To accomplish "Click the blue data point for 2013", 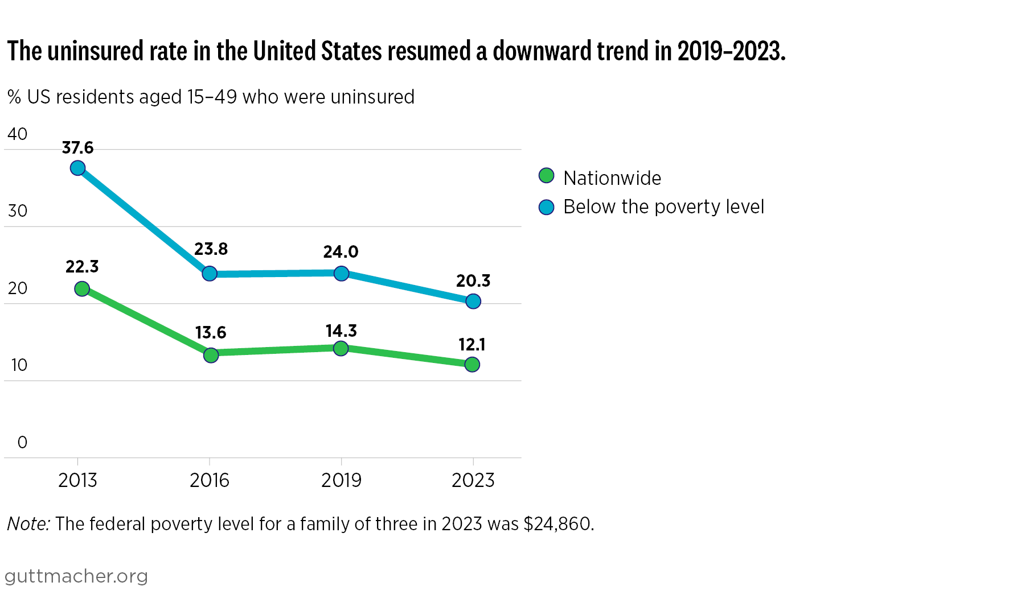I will tap(78, 168).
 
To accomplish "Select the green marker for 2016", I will tap(211, 355).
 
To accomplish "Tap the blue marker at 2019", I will tap(341, 274).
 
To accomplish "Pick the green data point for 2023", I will tap(472, 364).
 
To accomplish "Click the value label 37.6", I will tap(77, 148).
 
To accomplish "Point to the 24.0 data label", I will tap(341, 251).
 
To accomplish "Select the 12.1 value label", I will tap(471, 345).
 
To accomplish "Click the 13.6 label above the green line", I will tap(211, 332).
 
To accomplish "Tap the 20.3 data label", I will tap(473, 280).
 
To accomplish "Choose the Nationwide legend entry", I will tap(612, 178).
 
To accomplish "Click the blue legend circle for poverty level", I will tap(546, 207).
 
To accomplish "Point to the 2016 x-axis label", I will tap(210, 481).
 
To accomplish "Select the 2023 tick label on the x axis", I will tap(473, 481).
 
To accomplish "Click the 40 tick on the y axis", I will tap(18, 134).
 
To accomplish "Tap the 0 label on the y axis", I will tap(22, 442).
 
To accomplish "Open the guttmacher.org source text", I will tap(76, 576).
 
